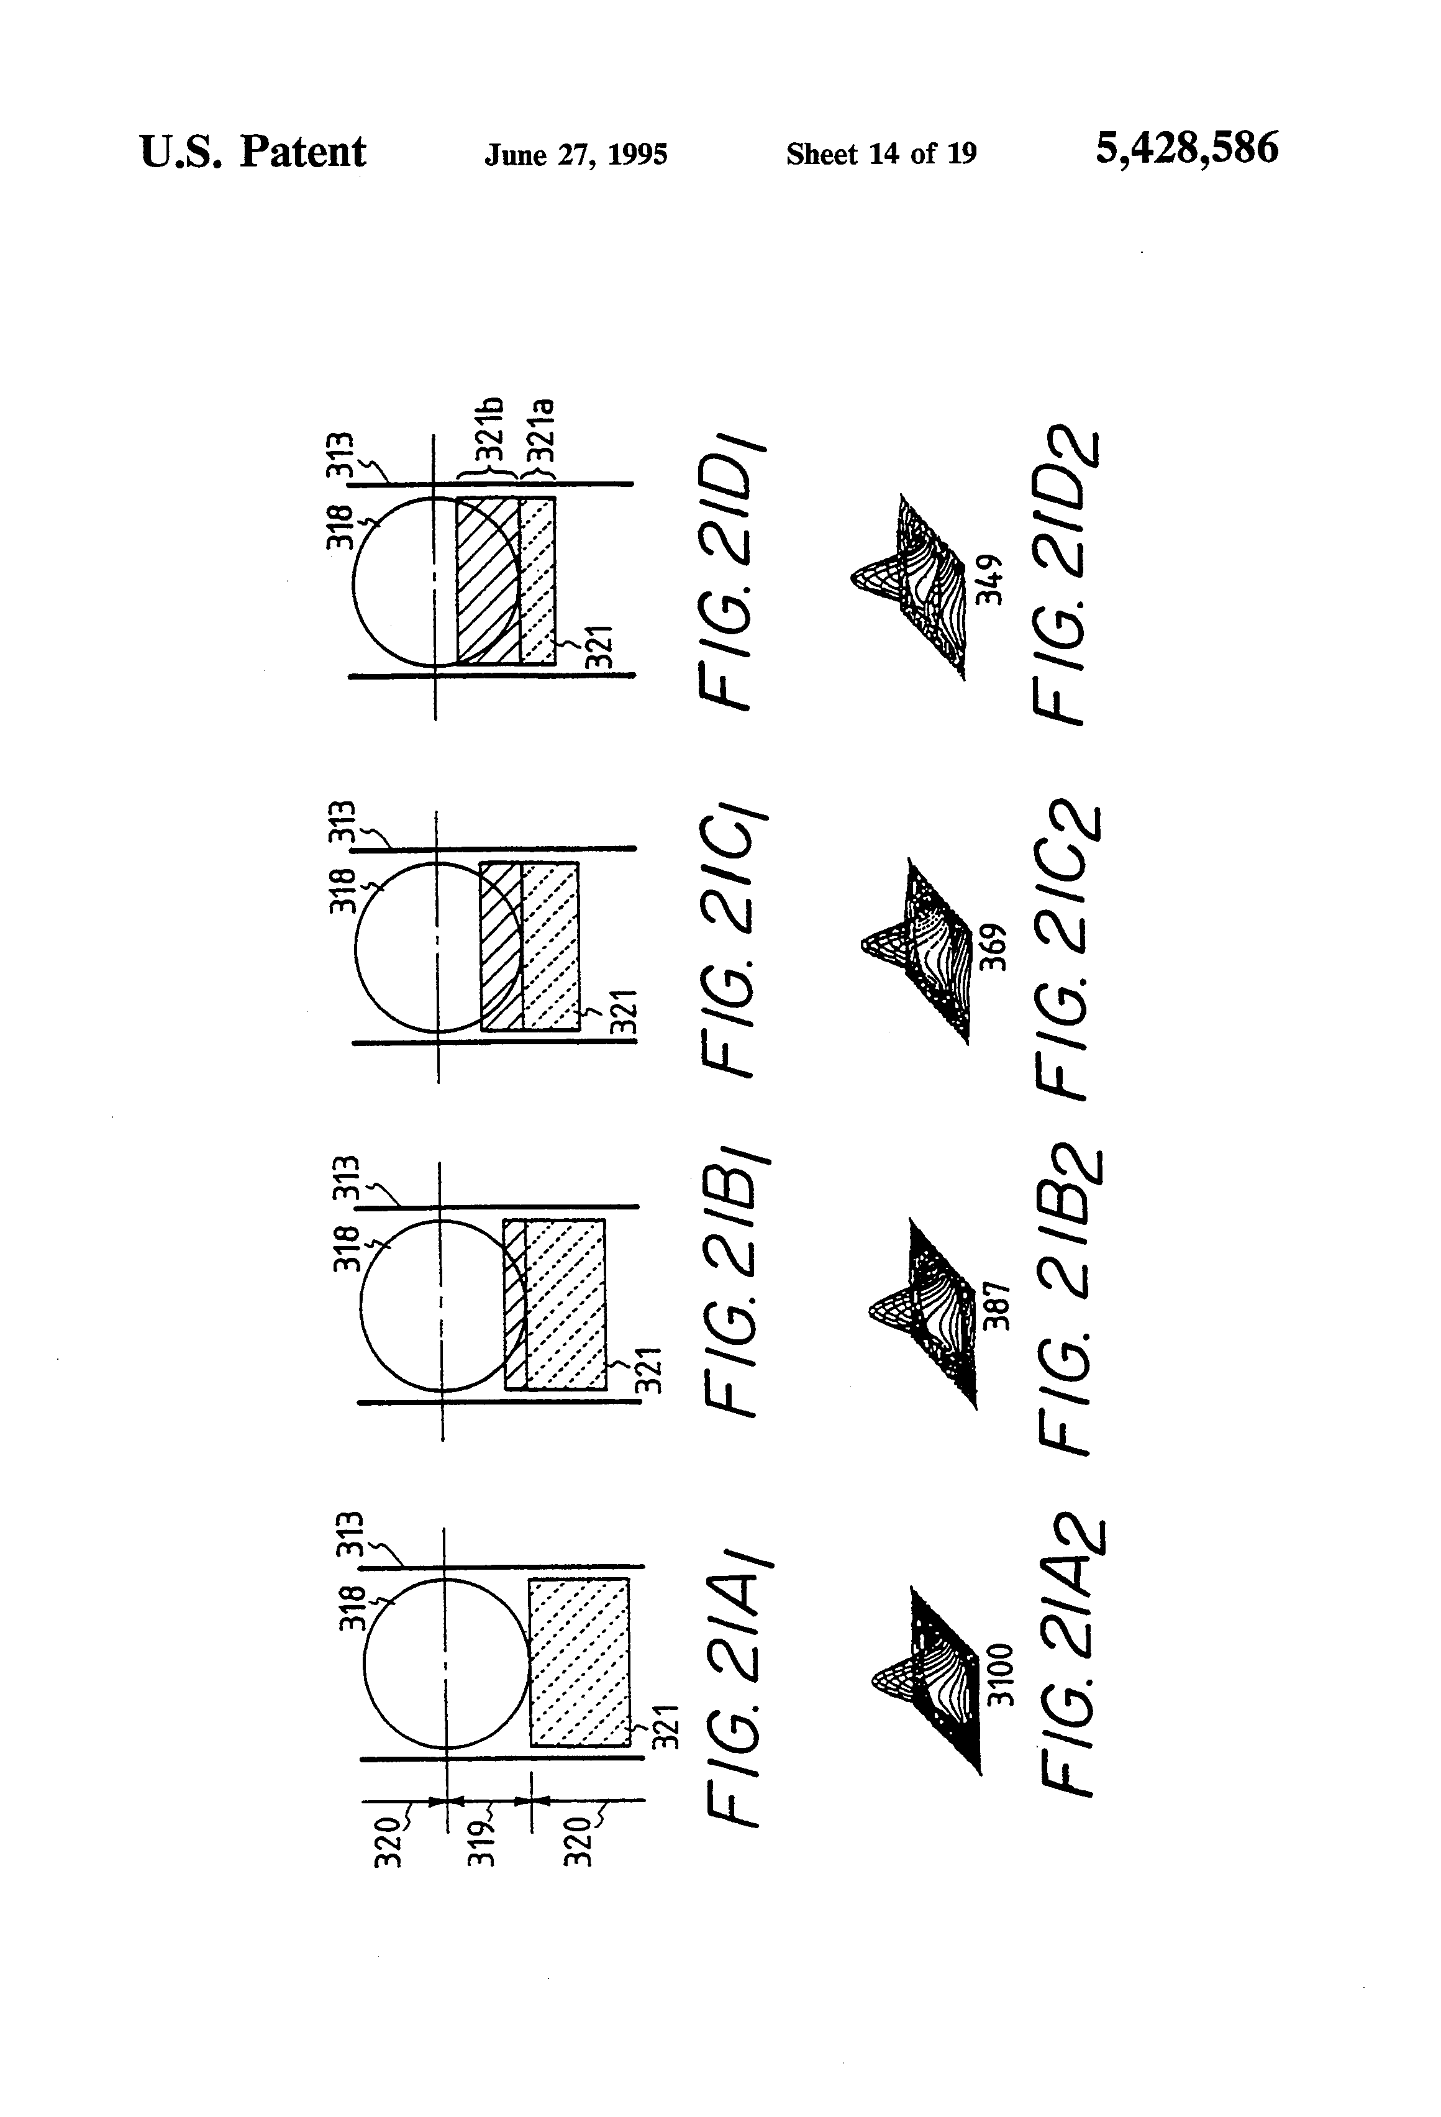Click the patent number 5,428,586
(1186, 148)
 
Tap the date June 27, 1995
(576, 155)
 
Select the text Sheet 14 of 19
(881, 154)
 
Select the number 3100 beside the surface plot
(999, 1674)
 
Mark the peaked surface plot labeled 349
(911, 583)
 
